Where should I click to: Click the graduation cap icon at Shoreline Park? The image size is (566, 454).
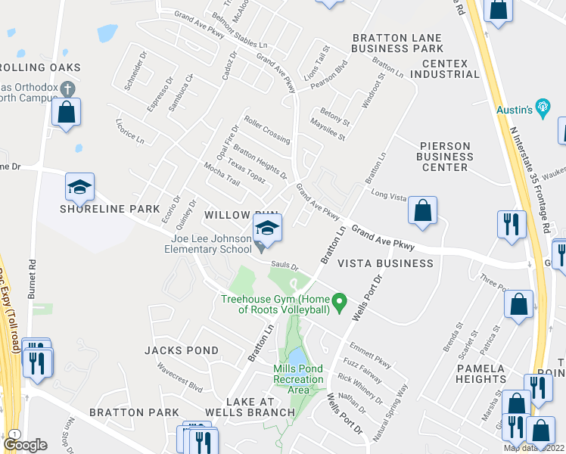79,186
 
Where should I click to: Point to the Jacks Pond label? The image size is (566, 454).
182,350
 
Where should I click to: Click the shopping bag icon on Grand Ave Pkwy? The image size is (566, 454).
422,212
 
